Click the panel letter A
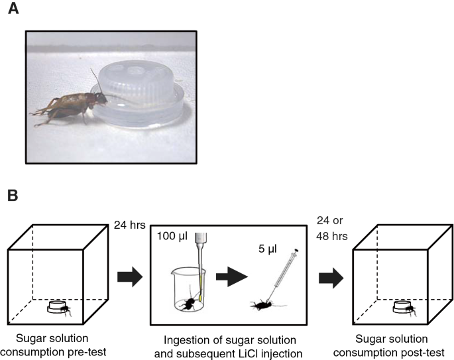(x=13, y=13)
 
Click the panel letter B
(x=12, y=197)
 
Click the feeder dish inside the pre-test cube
(x=58, y=308)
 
